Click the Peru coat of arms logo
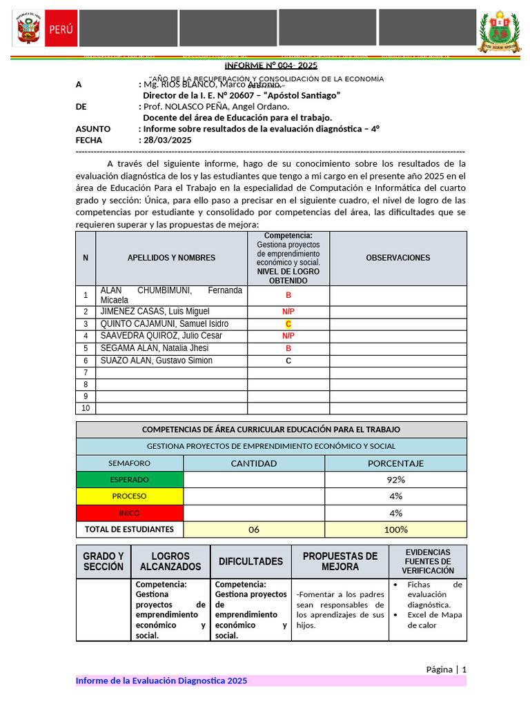[28, 31]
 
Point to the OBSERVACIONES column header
[397, 258]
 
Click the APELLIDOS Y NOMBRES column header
[171, 258]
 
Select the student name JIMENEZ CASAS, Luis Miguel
[155, 312]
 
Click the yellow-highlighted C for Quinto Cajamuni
[288, 324]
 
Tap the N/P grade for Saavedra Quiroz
[288, 336]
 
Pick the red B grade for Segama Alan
[288, 348]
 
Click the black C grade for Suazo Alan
[288, 361]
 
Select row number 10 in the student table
[86, 408]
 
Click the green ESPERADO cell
[130, 480]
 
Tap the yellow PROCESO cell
[130, 496]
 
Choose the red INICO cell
[130, 513]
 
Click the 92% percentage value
[395, 480]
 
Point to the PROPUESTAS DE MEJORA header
[340, 561]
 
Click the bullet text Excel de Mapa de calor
[434, 620]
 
